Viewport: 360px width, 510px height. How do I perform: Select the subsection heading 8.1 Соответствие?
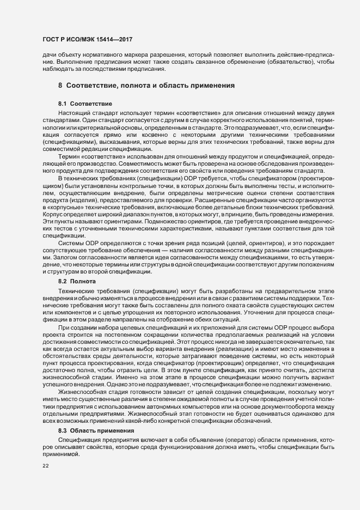[x=85, y=103]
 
